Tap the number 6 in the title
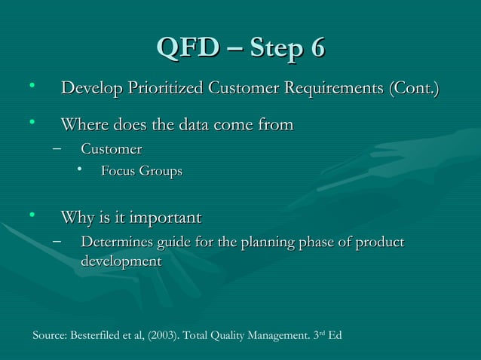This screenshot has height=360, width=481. (x=317, y=49)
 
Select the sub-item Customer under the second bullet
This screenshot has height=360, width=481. (x=111, y=148)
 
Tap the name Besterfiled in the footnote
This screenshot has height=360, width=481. (x=95, y=335)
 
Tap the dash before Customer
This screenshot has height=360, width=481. (x=57, y=148)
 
